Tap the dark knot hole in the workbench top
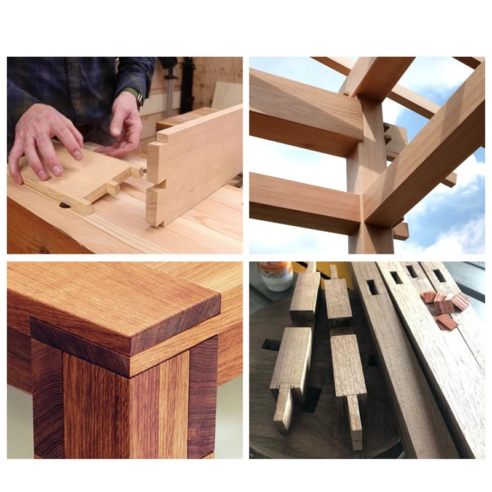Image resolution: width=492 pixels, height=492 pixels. tap(65, 205)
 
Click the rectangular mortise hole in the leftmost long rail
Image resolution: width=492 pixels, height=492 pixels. tap(372, 287)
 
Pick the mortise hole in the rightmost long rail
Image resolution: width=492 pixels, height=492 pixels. tap(439, 275)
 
